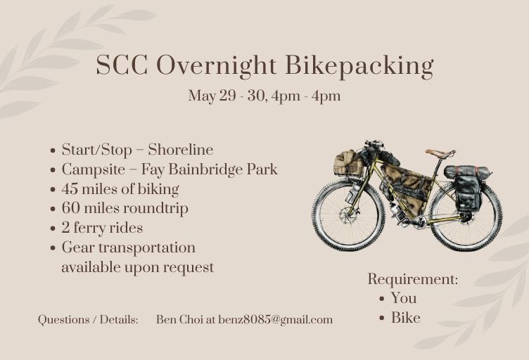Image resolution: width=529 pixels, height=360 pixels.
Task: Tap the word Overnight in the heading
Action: pos(218,66)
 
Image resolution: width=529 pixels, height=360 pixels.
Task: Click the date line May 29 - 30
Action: pos(264,96)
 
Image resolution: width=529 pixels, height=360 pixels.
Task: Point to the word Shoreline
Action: pos(180,150)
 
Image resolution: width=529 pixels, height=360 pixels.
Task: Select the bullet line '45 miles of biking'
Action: pos(120,189)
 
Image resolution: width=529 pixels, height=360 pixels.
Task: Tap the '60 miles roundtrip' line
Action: pos(125,208)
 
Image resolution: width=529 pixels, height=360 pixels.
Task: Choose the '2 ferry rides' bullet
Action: pos(102,228)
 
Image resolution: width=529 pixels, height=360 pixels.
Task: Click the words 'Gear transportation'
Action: pos(128,247)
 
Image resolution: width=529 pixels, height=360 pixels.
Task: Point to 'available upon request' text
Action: pos(137,267)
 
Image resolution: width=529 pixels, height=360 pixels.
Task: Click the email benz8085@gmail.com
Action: pos(275,319)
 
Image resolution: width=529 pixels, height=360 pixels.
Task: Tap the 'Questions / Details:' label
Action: pos(88,319)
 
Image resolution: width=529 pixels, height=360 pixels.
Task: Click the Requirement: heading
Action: pos(413,279)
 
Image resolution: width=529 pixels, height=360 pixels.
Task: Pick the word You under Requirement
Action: pos(404,298)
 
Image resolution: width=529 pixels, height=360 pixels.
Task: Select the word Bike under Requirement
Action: pos(406,318)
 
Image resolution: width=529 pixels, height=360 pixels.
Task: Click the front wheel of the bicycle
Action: pos(348,214)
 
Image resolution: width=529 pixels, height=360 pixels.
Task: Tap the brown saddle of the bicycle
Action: pos(440,153)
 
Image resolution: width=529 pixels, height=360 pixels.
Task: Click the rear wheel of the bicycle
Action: pos(466,216)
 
